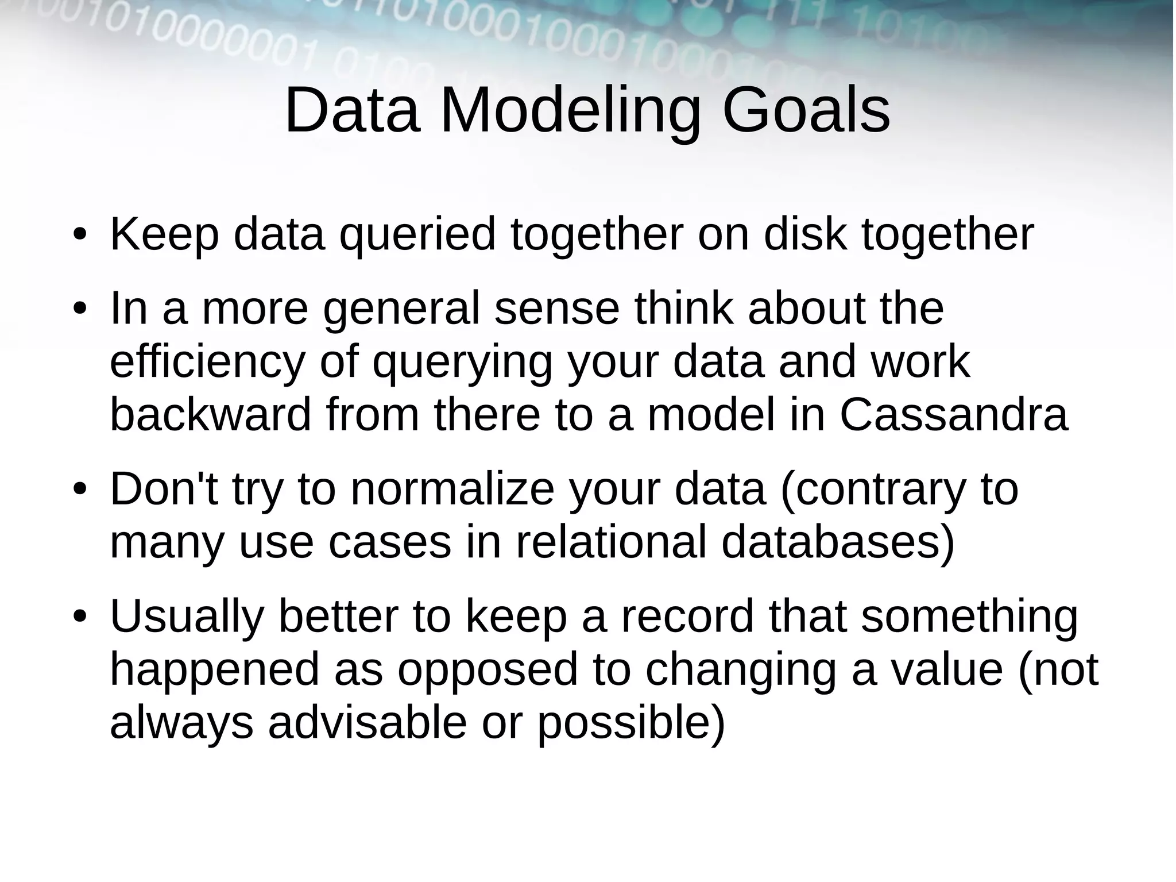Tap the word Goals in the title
click(806, 110)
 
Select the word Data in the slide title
click(351, 110)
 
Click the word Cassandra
click(953, 415)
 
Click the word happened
click(214, 670)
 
